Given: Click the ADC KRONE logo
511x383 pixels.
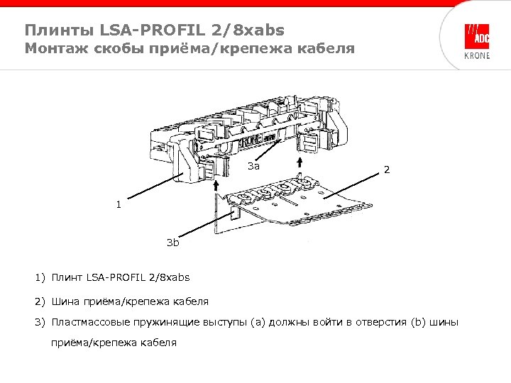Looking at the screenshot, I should [x=476, y=41].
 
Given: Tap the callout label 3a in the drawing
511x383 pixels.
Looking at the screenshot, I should [x=254, y=167].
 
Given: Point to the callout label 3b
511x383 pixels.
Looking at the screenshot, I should [x=172, y=243].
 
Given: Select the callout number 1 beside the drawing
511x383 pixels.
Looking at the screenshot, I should [x=119, y=206].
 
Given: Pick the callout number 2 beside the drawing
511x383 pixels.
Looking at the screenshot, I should [x=386, y=170].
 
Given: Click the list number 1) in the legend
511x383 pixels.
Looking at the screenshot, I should [x=40, y=277].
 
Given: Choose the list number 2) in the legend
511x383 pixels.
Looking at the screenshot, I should [x=40, y=301].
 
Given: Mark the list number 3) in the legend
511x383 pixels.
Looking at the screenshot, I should [x=40, y=323].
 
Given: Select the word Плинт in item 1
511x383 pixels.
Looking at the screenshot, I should [x=67, y=277].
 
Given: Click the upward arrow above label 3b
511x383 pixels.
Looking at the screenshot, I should [x=215, y=184].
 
